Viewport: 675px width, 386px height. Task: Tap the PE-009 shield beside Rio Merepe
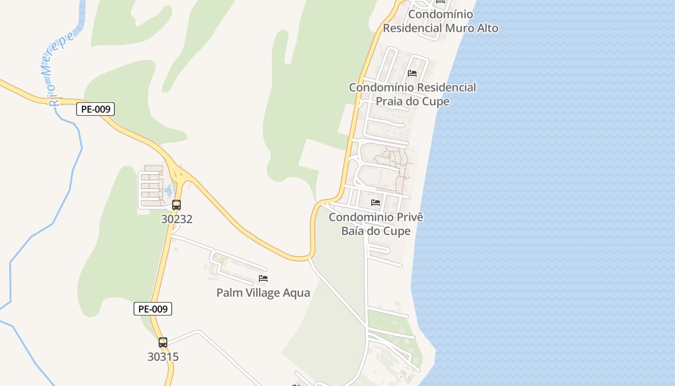[x=95, y=110]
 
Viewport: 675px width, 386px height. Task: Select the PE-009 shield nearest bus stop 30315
[x=152, y=309]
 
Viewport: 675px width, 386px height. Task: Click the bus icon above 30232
[x=176, y=205]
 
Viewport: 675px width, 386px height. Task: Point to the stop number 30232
[x=176, y=219]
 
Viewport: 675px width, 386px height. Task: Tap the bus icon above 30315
[x=163, y=343]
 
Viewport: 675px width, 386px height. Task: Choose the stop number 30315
[x=163, y=357]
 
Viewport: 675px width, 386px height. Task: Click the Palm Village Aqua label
[x=263, y=293]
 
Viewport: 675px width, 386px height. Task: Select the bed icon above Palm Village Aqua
[x=263, y=278]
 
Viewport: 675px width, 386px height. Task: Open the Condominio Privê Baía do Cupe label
[x=376, y=224]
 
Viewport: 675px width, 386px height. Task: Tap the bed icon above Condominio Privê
[x=376, y=203]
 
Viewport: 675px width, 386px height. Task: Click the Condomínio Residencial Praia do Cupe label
[x=412, y=94]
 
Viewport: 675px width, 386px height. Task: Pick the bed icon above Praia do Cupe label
[x=412, y=73]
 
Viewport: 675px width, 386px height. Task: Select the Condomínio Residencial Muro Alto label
[x=440, y=21]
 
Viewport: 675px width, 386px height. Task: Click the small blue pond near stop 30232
[x=168, y=190]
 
